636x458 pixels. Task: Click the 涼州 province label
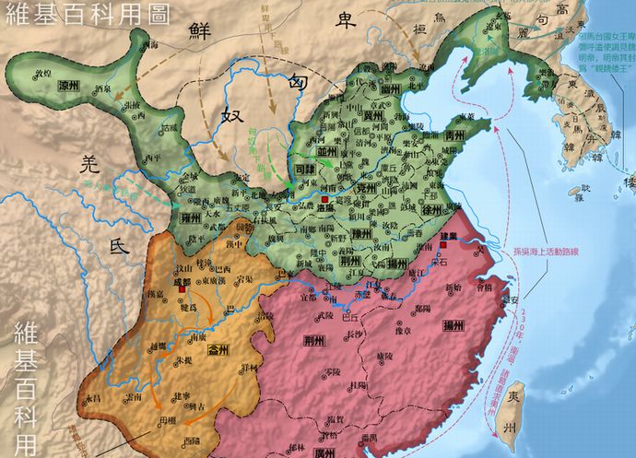[68, 84]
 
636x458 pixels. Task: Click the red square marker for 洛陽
[324, 199]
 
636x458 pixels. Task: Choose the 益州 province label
[220, 352]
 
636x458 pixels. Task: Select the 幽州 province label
[389, 88]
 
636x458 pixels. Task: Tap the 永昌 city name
[91, 397]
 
